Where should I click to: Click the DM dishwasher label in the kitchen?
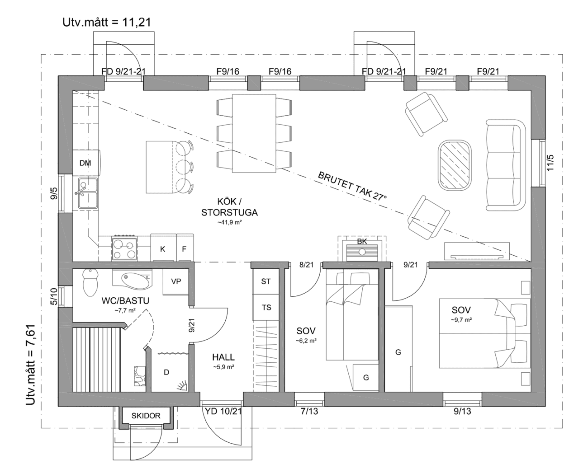click(85, 163)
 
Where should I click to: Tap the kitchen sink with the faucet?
click(88, 193)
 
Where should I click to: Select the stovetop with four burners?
click(124, 248)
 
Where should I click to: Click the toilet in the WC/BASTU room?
click(90, 282)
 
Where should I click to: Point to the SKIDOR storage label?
click(146, 416)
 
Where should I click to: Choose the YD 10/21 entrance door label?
click(223, 411)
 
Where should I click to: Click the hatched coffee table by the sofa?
click(455, 164)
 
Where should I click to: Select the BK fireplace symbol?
click(362, 249)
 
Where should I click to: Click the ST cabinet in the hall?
click(266, 281)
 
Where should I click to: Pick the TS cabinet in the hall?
click(266, 307)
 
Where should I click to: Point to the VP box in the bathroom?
click(176, 281)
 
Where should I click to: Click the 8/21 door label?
click(306, 265)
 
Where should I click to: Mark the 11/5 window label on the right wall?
click(550, 163)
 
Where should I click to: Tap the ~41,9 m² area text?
click(229, 222)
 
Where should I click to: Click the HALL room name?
click(223, 357)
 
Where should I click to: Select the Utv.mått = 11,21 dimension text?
click(107, 23)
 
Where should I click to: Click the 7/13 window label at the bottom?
click(309, 411)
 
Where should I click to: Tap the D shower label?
click(166, 372)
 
